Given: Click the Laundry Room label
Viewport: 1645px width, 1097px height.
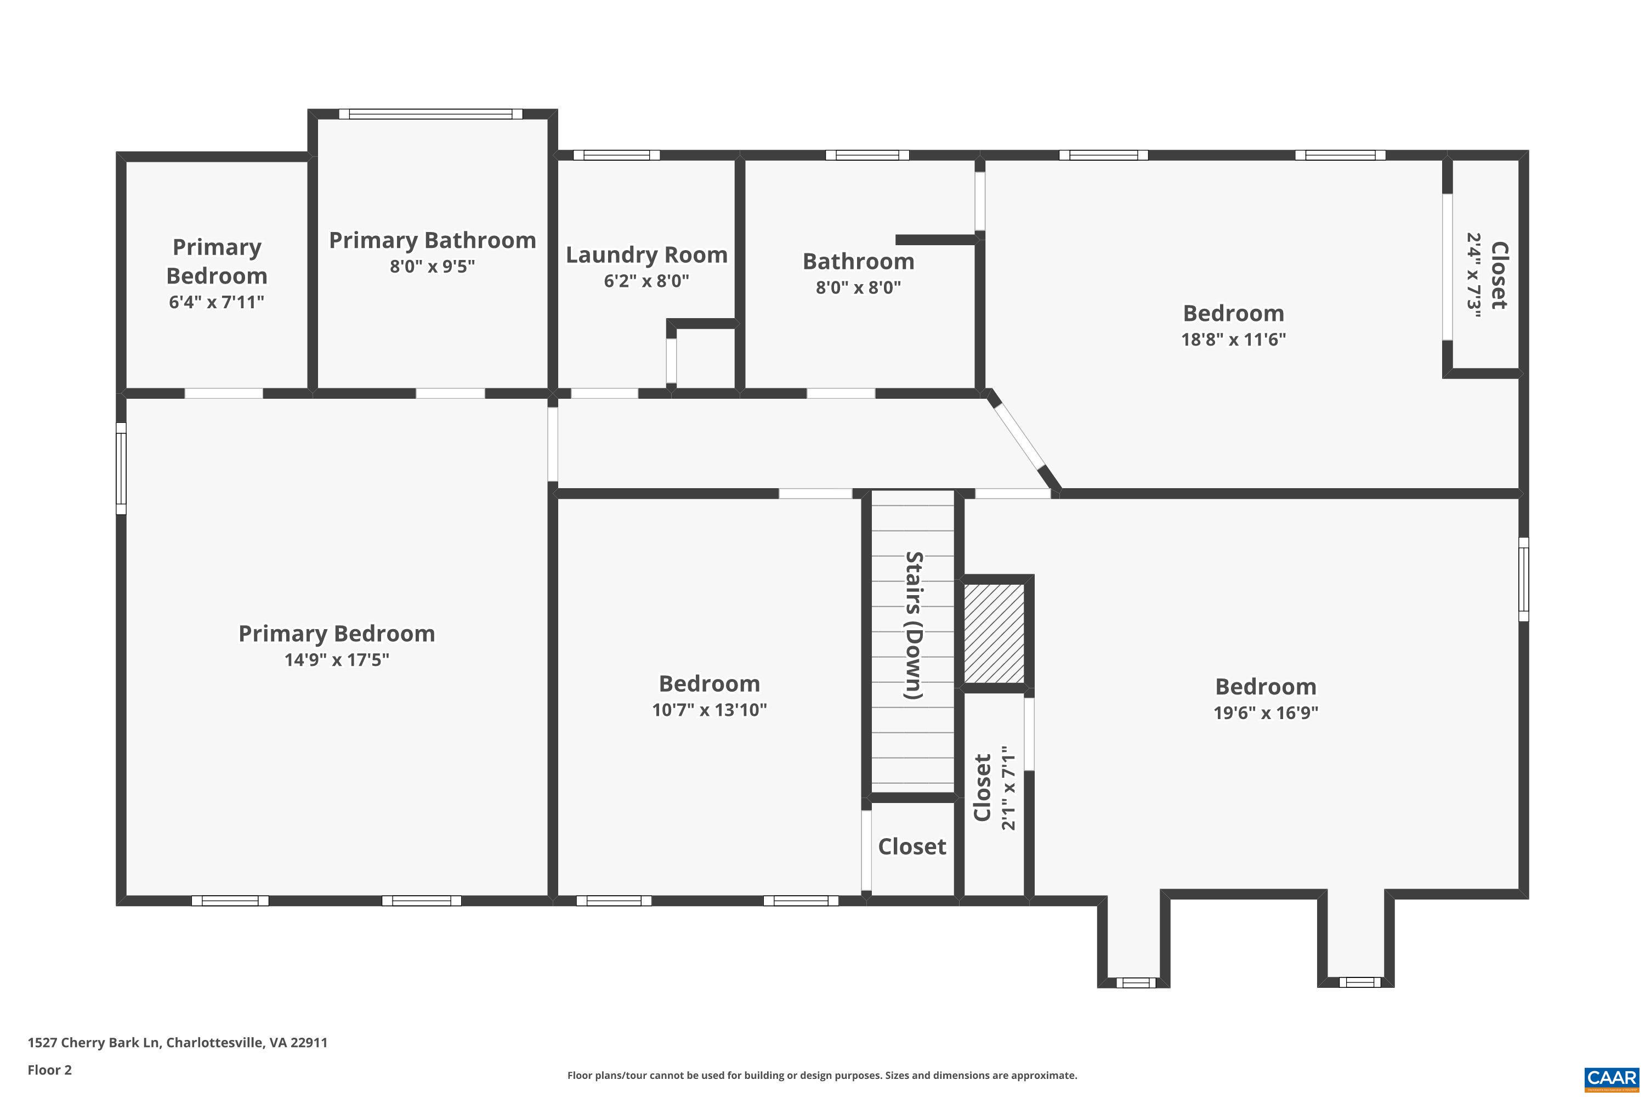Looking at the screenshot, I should point(646,255).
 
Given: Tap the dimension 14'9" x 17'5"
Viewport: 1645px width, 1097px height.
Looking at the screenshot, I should point(337,660).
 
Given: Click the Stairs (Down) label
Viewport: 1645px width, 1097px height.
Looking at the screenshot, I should point(914,625).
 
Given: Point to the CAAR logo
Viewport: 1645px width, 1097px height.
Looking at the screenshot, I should point(1611,1077).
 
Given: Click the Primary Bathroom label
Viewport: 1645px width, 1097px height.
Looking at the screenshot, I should point(432,240).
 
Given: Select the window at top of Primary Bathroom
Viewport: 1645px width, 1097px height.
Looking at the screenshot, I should point(431,114).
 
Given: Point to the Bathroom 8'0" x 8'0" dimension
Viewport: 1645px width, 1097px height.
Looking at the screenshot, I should point(858,287).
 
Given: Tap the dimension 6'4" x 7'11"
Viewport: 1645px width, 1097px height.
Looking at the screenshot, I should point(216,302).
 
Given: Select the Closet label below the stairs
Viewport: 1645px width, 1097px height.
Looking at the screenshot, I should point(912,846).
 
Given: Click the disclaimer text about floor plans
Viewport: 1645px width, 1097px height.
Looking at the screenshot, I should point(822,1075).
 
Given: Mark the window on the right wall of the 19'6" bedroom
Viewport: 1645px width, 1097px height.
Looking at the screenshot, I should point(1523,579).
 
